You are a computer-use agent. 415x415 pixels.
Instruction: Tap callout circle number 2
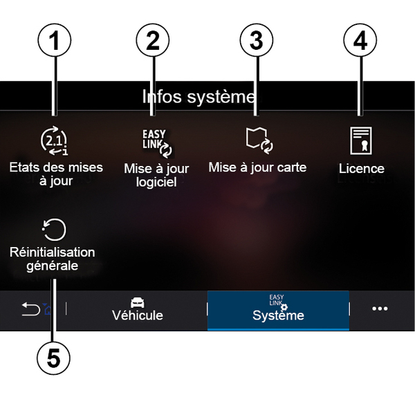[153, 42]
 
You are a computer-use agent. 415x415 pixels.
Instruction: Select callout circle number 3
[256, 42]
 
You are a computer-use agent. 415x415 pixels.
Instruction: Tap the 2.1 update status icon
[55, 141]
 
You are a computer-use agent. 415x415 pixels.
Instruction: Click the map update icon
[259, 140]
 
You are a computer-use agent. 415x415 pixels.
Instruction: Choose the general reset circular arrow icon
[55, 230]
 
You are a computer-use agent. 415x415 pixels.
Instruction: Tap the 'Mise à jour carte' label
[257, 168]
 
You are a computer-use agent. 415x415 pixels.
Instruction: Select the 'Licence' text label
[361, 169]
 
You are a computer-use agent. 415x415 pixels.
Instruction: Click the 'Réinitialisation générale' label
[53, 259]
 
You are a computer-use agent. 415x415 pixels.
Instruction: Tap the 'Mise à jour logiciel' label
[156, 175]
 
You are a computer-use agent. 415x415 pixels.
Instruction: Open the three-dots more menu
[380, 308]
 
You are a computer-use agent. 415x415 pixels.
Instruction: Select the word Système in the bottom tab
[278, 315]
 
